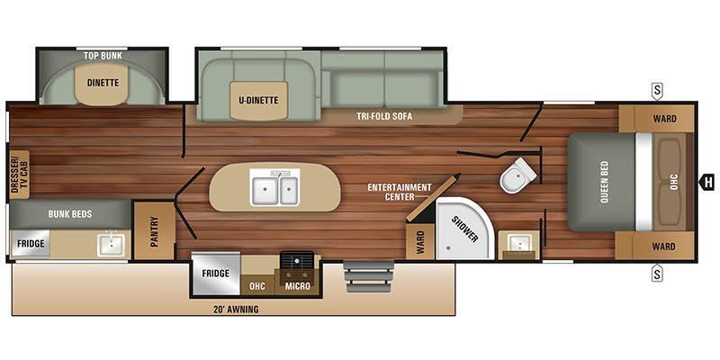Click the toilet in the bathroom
pos(518,175)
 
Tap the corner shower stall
pos(463,229)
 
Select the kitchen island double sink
pos(274,187)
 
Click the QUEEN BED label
pos(604,183)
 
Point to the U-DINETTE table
pos(259,101)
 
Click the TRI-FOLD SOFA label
pos(384,117)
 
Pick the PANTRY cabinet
pos(154,231)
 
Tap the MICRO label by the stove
pos(298,286)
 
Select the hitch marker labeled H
pos(707,183)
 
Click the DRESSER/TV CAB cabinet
pos(19,175)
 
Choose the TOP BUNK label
pos(103,56)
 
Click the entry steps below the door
pos(369,276)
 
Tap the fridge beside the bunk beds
pos(31,243)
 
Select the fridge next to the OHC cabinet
pos(216,274)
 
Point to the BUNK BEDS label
pos(70,214)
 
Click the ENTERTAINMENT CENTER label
pos(400,192)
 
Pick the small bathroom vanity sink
pos(519,244)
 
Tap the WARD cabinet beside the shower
pos(420,241)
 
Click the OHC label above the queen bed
pos(673,183)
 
